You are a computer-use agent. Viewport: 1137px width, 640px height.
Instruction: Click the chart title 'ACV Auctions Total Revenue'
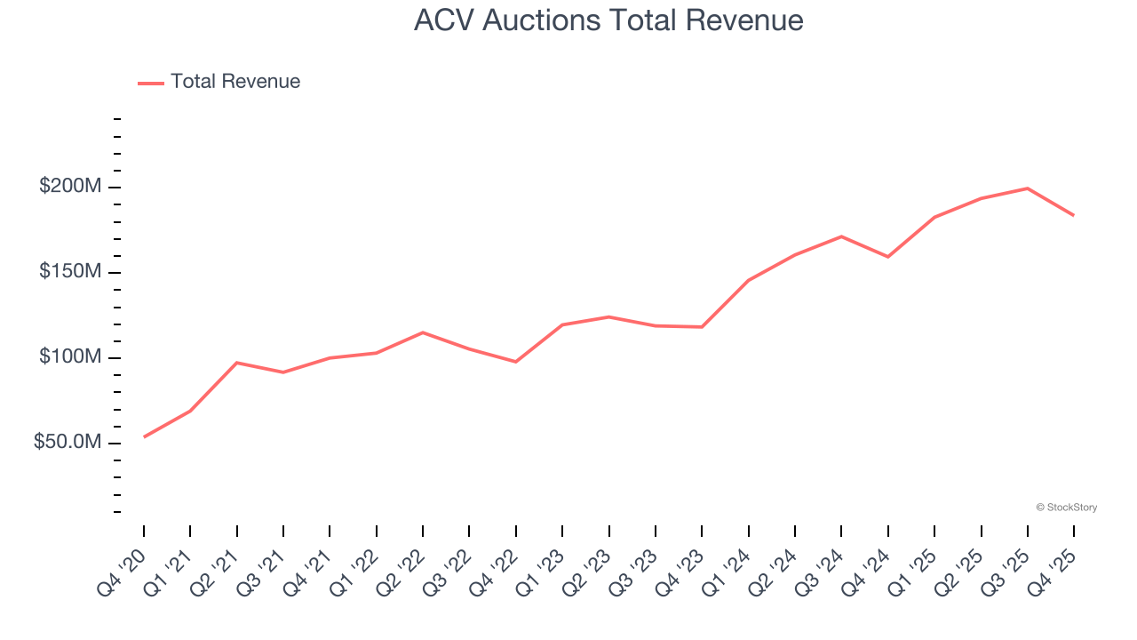click(x=608, y=20)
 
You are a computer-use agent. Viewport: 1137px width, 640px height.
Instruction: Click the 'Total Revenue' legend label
click(x=235, y=82)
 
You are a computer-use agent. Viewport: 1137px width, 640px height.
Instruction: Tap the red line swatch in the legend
click(x=151, y=83)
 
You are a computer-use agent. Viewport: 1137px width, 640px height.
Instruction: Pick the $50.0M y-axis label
click(x=68, y=443)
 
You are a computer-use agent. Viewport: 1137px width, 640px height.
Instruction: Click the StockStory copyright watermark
click(x=1066, y=508)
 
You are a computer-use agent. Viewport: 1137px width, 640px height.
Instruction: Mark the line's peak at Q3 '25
click(x=1028, y=188)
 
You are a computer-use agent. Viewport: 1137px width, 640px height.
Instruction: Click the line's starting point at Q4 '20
click(x=144, y=436)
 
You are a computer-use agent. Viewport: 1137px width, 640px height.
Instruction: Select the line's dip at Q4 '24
click(x=888, y=257)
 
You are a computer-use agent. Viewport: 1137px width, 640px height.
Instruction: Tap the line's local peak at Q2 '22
click(x=423, y=332)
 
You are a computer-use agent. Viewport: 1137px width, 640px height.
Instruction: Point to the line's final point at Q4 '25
click(x=1074, y=215)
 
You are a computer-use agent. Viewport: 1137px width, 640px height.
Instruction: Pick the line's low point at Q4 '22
click(x=516, y=362)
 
